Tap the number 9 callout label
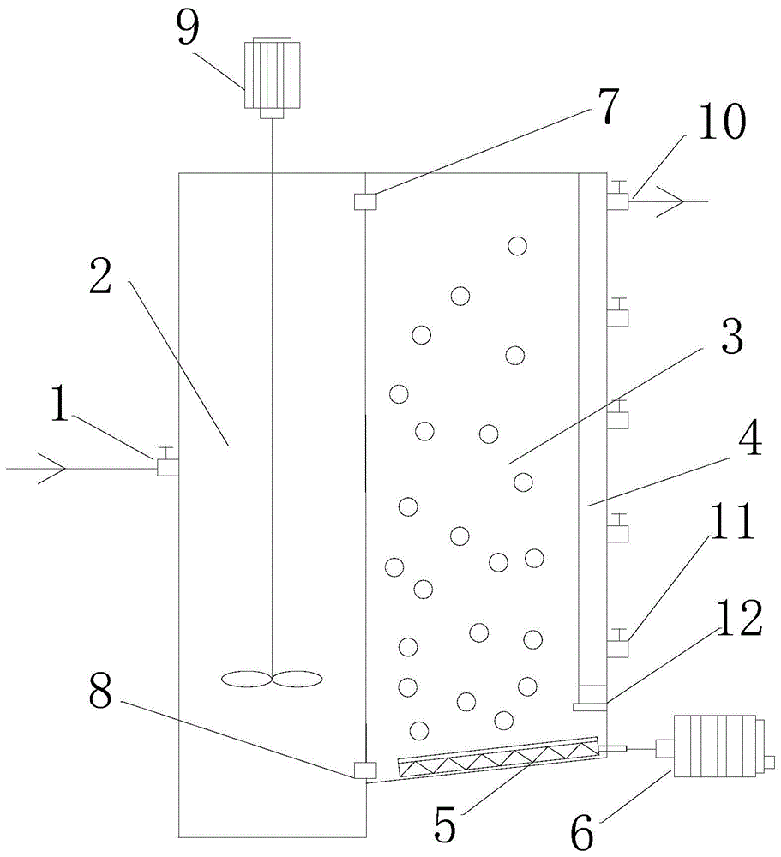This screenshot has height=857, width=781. coord(187,28)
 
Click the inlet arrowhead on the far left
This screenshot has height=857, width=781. coord(51,469)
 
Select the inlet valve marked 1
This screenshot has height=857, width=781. coord(166,464)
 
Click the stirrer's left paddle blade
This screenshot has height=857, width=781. coord(245,680)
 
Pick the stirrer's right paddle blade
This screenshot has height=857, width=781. coord(298,680)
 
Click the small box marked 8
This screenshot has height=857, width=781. coord(364,770)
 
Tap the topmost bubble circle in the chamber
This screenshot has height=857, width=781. coord(516,247)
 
